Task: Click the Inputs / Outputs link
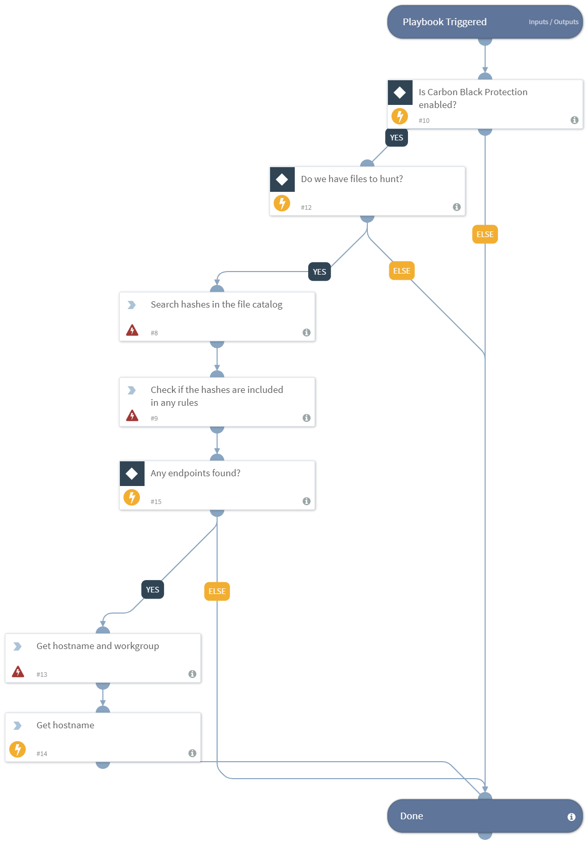[553, 22]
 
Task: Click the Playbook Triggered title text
[444, 22]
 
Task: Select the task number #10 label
[423, 121]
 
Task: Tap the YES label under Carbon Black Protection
[396, 138]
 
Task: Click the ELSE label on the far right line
[485, 235]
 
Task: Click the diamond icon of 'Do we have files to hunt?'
[282, 179]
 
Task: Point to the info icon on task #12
[456, 207]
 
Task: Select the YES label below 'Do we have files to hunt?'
[319, 272]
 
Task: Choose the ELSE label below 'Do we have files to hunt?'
[401, 271]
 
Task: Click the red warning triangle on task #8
[132, 330]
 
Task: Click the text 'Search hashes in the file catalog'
[216, 304]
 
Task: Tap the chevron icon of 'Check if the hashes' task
[132, 390]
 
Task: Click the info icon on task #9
[306, 418]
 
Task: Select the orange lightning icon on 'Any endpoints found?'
[132, 497]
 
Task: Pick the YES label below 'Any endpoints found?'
[152, 590]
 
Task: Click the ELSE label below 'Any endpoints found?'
[217, 591]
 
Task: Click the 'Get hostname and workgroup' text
[98, 646]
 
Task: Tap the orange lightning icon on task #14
[17, 749]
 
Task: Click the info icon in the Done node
[571, 817]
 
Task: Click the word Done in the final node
[412, 816]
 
